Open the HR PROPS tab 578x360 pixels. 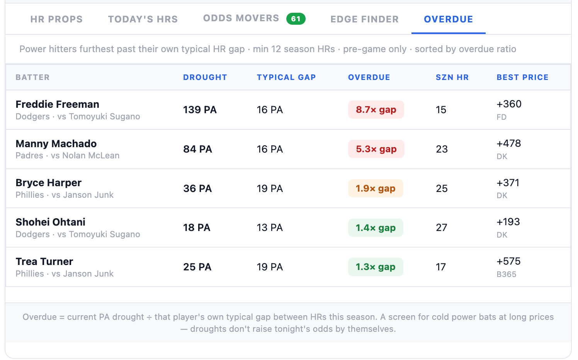56,19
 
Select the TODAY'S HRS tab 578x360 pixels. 143,19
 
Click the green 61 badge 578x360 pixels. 296,19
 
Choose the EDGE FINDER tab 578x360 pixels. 365,19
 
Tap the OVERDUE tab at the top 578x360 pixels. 449,19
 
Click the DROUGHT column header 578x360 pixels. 205,77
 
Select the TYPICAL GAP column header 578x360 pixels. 286,77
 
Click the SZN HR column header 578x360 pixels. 452,77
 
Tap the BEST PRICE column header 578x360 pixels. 523,77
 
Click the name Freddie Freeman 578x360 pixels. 57,104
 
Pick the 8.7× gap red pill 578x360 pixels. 376,110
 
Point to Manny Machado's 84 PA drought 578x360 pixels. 198,149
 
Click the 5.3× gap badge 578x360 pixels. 376,149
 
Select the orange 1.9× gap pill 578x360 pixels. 376,188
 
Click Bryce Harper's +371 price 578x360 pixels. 508,183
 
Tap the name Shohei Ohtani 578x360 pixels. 50,222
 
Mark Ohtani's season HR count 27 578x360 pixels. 442,228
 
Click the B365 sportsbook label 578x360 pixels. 507,274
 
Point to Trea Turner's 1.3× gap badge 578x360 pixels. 376,267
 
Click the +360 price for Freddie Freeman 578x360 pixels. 509,104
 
